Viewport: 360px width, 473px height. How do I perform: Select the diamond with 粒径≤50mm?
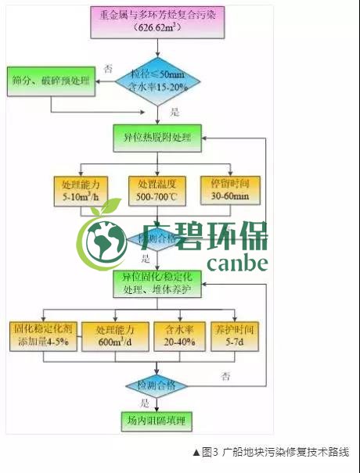160,81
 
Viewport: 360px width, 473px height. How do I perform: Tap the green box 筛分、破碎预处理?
51,81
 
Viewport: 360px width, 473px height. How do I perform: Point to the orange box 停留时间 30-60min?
229,190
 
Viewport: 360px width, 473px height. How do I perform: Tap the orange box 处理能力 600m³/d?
116,335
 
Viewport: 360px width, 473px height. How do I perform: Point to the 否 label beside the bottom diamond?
226,376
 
